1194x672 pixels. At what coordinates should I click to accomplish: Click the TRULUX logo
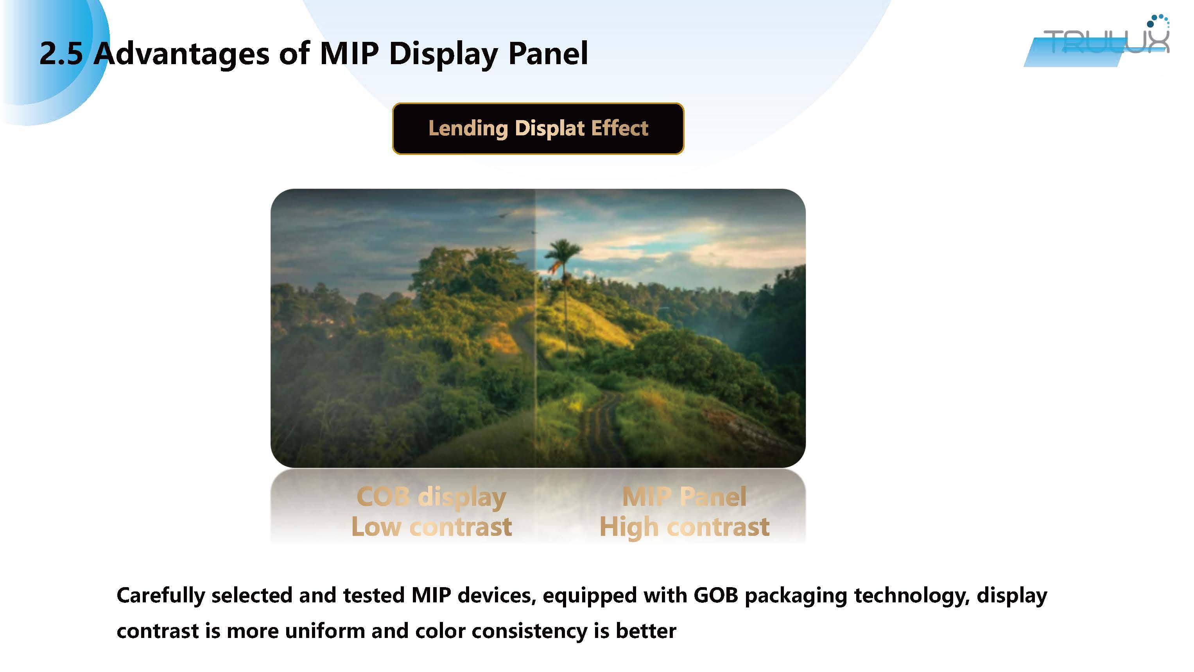(x=1099, y=41)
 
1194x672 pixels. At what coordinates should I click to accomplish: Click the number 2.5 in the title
(x=61, y=53)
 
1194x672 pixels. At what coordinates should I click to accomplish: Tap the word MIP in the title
(x=349, y=53)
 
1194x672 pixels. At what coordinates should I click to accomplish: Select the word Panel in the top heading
(x=548, y=53)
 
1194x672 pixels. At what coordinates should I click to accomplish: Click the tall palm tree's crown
(x=562, y=253)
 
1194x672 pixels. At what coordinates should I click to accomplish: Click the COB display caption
(x=431, y=497)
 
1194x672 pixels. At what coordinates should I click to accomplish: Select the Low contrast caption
(x=432, y=527)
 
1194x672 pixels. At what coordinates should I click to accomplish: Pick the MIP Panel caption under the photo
(x=684, y=497)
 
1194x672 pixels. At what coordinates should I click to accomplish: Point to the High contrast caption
(x=684, y=527)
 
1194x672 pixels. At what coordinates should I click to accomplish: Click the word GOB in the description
(x=716, y=595)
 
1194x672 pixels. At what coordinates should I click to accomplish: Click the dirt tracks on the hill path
(x=600, y=424)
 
